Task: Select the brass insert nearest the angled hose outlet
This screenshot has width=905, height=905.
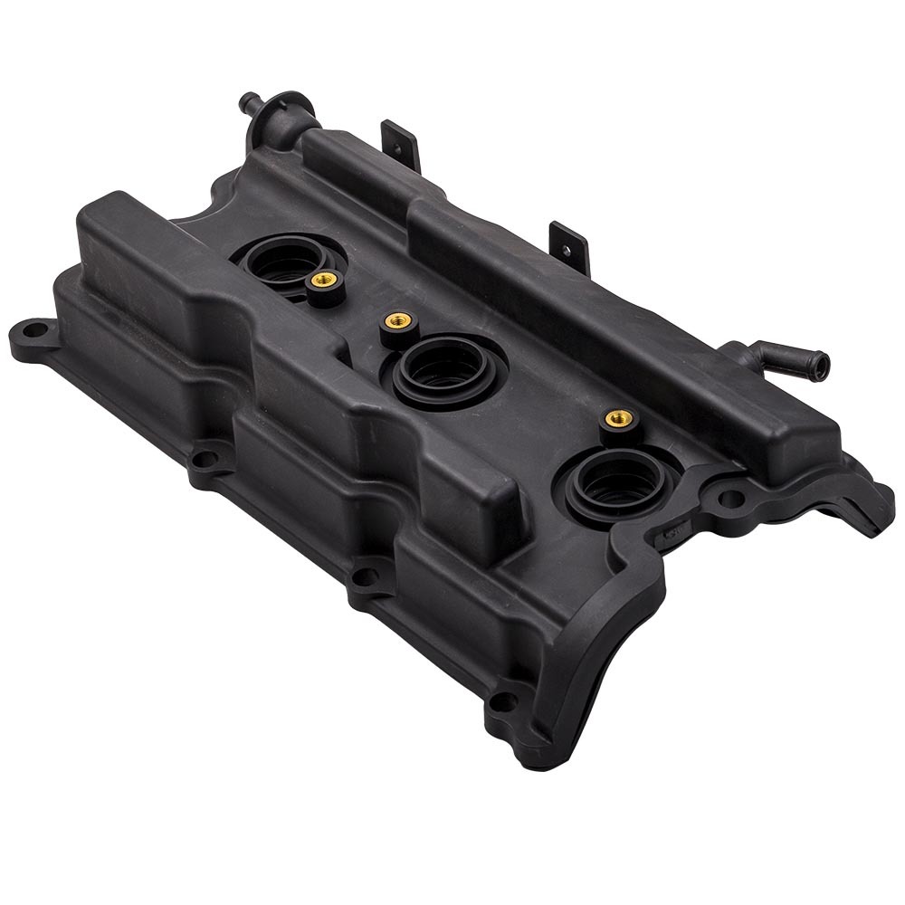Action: click(x=619, y=418)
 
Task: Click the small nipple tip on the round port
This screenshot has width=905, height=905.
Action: click(x=247, y=99)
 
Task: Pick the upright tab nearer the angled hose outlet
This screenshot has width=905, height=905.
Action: click(x=570, y=244)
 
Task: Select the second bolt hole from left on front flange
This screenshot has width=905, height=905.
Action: click(x=205, y=459)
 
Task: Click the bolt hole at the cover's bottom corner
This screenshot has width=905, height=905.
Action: click(x=503, y=701)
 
